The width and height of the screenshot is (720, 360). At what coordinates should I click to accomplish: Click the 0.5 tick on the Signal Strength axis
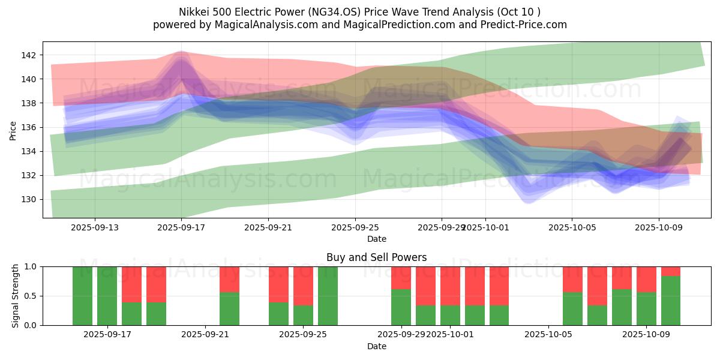point(31,296)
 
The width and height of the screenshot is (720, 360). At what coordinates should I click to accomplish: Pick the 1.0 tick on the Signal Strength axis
point(31,266)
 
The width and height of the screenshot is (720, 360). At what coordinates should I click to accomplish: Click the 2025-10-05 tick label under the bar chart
point(548,335)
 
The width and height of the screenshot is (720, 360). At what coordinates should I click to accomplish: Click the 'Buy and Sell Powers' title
point(376,257)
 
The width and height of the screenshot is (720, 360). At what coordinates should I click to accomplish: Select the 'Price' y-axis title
point(13,130)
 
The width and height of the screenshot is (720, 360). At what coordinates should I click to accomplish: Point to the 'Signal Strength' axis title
point(16,296)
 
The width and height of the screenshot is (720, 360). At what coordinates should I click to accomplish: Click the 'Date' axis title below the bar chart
point(376,346)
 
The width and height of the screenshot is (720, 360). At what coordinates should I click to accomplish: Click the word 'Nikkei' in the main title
point(194,12)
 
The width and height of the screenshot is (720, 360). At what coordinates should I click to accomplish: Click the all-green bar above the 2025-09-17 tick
point(107,296)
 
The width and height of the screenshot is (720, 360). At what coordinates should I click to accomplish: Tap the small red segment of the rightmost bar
point(671,271)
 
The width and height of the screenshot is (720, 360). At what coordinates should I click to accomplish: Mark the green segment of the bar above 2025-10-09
point(646,308)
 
